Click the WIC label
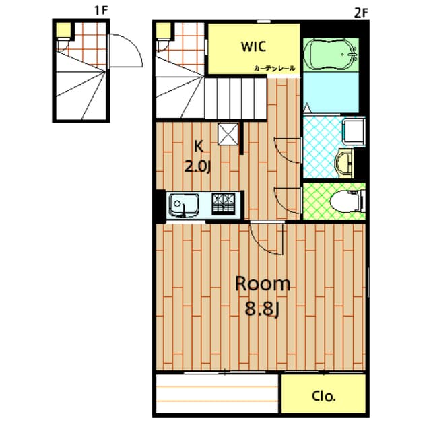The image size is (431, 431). coord(253,47)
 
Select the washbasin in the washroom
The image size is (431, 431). coord(345,162)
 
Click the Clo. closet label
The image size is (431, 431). coord(324,397)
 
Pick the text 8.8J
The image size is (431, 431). coord(261,311)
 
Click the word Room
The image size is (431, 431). coord(263,284)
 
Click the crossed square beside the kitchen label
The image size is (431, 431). coord(228,134)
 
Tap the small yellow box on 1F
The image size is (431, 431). coord(62,29)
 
